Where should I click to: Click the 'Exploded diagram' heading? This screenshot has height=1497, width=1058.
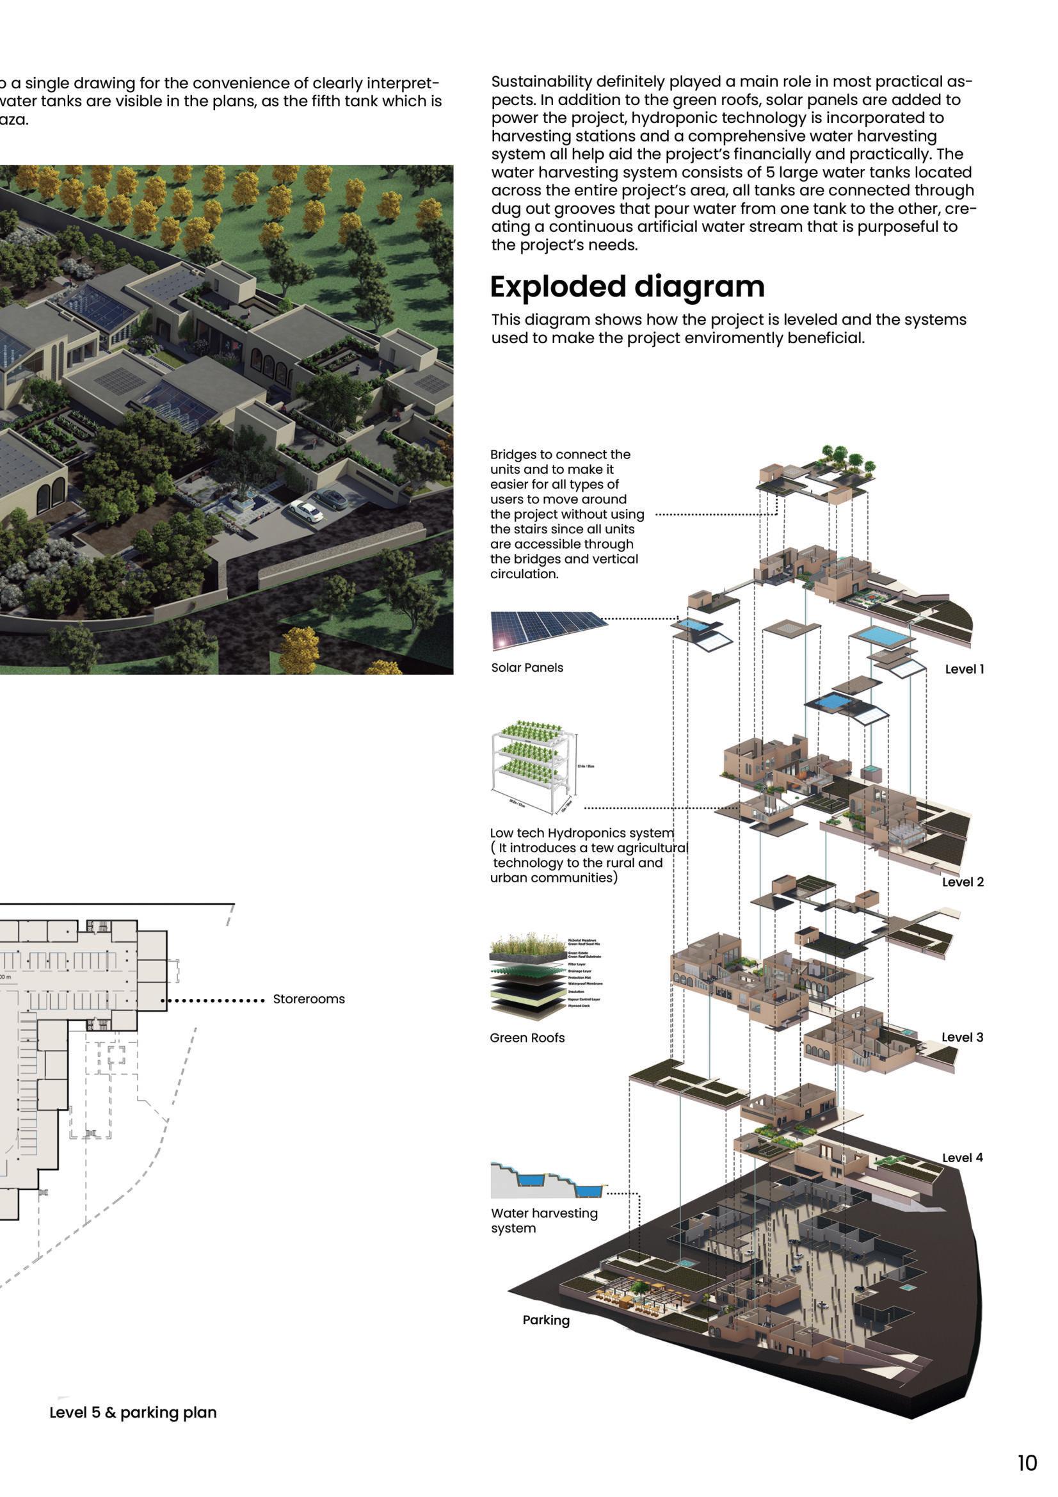tap(627, 287)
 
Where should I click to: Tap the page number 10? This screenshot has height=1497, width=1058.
tap(1027, 1462)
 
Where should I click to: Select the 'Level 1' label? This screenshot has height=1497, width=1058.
tap(964, 669)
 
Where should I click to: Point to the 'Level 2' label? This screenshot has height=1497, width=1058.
tap(962, 882)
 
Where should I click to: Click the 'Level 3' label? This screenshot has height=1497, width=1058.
tap(961, 1037)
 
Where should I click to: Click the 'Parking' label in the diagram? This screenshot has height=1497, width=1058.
tap(545, 1320)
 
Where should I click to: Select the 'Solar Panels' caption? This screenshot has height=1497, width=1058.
tap(527, 668)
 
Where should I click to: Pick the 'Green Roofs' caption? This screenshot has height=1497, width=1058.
tap(527, 1038)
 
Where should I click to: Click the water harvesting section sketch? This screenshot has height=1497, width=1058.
tap(548, 1181)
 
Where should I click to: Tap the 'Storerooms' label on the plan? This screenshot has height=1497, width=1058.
tap(309, 999)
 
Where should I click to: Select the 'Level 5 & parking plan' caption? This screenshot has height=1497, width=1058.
tap(133, 1412)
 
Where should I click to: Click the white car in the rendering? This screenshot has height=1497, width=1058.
tap(307, 510)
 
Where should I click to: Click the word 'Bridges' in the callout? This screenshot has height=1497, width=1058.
tap(513, 455)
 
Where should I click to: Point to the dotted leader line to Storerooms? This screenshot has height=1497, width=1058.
tap(212, 999)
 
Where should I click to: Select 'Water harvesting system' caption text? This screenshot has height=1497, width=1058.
tap(543, 1220)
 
